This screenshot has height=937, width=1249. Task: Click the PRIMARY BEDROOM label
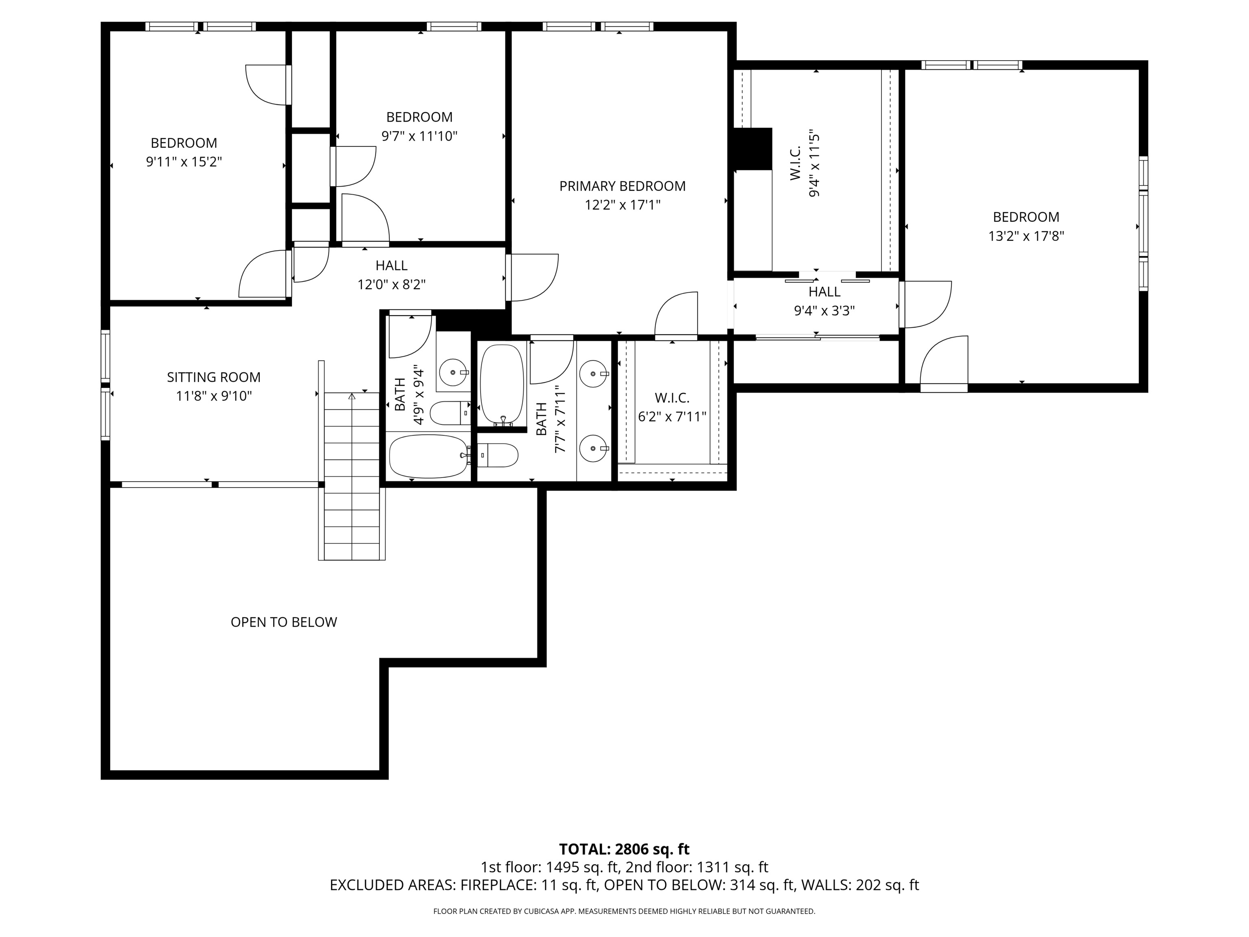tap(622, 186)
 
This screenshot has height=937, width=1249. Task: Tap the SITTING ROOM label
tap(213, 377)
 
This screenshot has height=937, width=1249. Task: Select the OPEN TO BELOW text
tap(283, 622)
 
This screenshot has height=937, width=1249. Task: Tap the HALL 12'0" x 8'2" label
tap(391, 275)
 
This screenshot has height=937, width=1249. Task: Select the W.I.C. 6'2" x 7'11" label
tap(672, 407)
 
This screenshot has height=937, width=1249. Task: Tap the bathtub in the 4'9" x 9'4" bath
tap(428, 456)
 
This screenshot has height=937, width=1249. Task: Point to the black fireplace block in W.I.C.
tap(753, 148)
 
